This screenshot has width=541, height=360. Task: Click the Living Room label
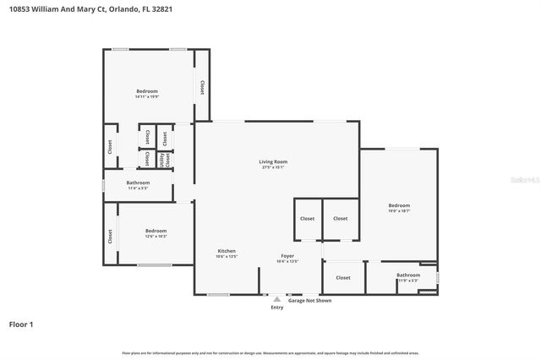click(x=273, y=161)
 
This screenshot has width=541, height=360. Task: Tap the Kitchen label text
click(x=227, y=251)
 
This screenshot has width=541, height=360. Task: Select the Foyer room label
click(x=288, y=255)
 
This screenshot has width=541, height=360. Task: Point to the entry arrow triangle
click(x=276, y=298)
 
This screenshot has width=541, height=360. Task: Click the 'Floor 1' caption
click(x=21, y=324)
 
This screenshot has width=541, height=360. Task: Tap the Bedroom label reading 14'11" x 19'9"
click(x=147, y=91)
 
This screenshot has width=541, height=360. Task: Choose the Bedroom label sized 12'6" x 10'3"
click(x=156, y=231)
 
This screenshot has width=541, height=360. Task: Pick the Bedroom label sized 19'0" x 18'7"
click(x=399, y=205)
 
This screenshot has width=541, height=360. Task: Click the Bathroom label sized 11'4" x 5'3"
click(x=138, y=183)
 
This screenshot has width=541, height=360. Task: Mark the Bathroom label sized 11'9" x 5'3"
click(x=408, y=275)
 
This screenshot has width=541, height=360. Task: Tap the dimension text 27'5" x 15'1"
click(x=273, y=167)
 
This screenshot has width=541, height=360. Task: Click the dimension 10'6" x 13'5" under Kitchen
click(x=227, y=257)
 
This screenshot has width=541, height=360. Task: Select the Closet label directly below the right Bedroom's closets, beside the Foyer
click(x=342, y=277)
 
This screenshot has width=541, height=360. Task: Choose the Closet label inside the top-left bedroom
click(x=202, y=87)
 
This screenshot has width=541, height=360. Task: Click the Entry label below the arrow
click(x=277, y=307)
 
